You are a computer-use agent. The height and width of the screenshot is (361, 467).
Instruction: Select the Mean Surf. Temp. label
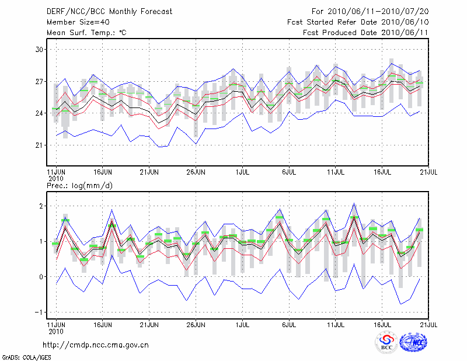click(86, 33)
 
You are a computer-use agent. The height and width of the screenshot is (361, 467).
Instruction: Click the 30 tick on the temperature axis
click(40, 50)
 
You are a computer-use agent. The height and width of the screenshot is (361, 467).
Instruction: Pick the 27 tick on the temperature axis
click(40, 81)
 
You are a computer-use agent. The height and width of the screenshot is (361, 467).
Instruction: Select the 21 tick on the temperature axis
click(40, 145)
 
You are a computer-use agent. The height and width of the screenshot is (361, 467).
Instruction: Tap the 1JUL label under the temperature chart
click(242, 172)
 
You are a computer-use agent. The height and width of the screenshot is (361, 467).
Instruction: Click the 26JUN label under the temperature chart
click(196, 172)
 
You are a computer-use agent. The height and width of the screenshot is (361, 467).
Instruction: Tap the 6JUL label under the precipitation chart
click(289, 323)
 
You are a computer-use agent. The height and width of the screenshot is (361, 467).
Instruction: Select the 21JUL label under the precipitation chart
click(429, 323)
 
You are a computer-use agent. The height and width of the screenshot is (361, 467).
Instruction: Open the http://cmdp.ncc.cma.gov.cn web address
click(96, 345)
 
